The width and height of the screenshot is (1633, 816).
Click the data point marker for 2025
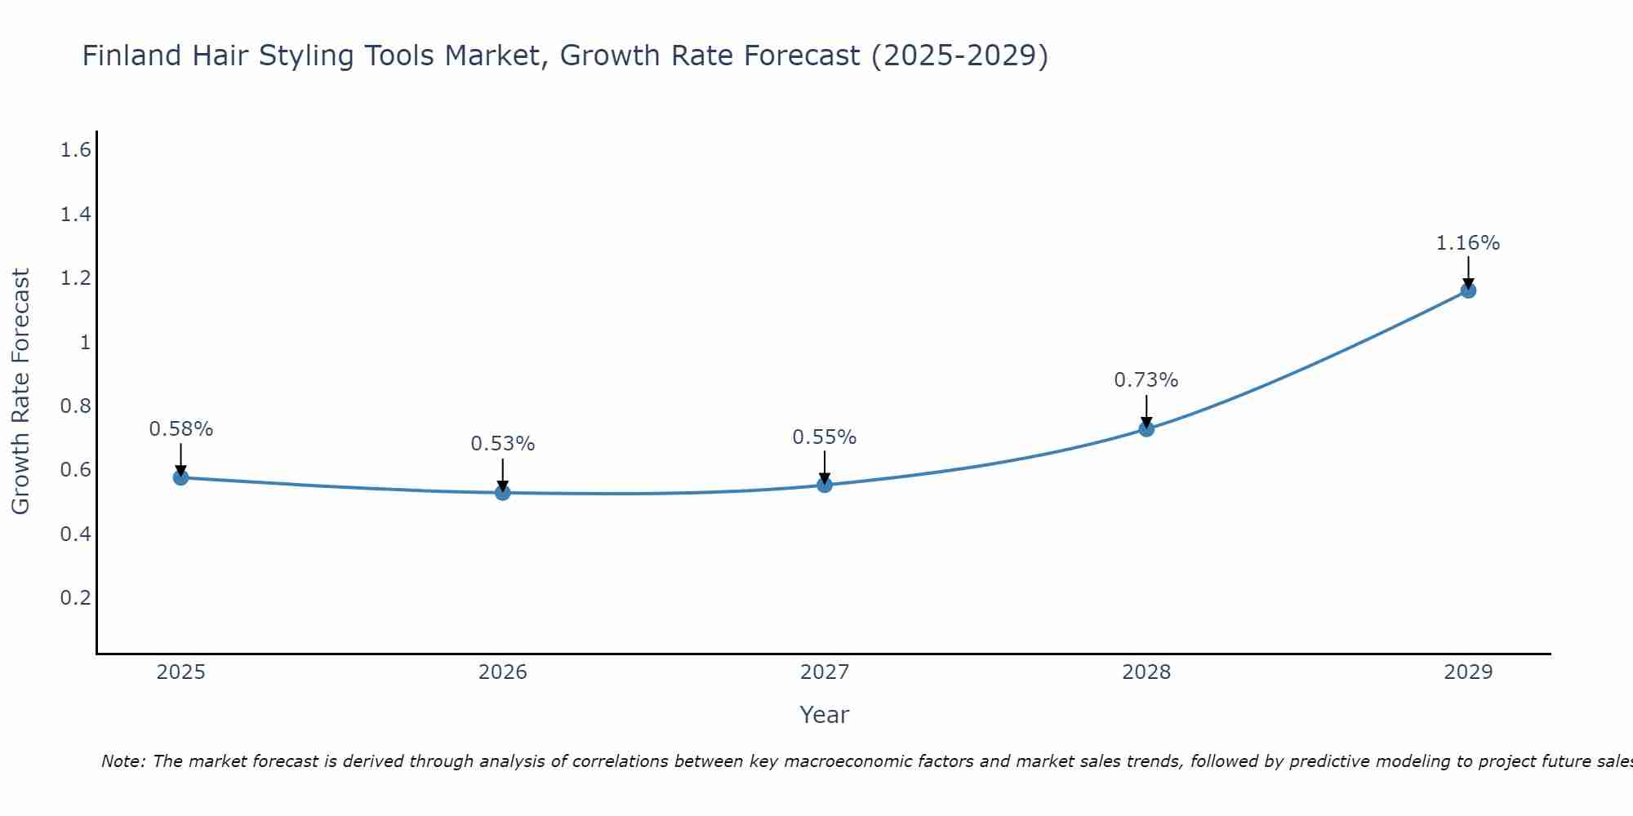(x=180, y=477)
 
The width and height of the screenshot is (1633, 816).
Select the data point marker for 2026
(x=503, y=493)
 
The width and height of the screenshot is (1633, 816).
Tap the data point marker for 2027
(x=825, y=485)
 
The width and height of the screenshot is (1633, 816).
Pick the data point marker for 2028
(x=1146, y=429)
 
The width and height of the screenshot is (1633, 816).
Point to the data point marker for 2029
(x=1468, y=290)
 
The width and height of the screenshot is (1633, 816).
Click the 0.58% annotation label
(x=180, y=429)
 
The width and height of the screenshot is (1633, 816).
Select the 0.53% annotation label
(x=503, y=444)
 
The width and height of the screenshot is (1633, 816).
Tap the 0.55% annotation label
(x=825, y=437)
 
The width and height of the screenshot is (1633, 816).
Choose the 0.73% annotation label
(x=1146, y=380)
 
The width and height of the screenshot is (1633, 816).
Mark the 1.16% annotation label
(x=1468, y=243)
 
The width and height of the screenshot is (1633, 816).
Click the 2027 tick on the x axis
(x=825, y=672)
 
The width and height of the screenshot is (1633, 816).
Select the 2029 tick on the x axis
(x=1468, y=672)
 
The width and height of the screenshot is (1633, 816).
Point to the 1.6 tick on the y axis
(x=75, y=150)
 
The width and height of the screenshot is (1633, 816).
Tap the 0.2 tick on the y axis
(x=75, y=597)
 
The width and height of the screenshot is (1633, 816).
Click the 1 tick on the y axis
(x=84, y=342)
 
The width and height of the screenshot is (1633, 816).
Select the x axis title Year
(x=825, y=715)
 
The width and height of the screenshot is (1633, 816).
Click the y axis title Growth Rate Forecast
(x=20, y=392)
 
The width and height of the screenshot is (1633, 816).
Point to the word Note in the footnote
(x=122, y=761)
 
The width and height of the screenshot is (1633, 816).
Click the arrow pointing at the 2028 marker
(x=1146, y=410)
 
